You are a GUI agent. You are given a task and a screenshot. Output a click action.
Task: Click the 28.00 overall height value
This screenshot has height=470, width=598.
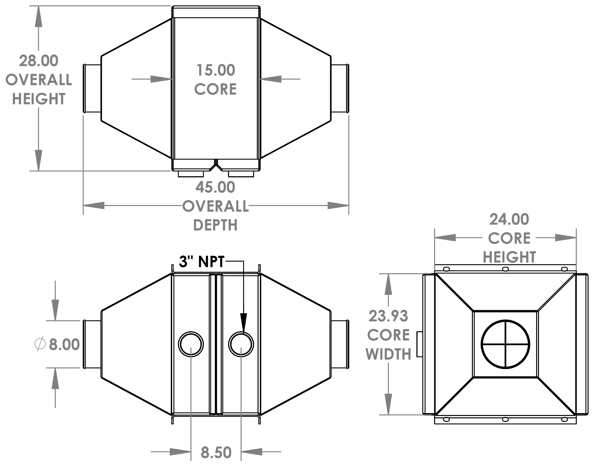coord(38,61)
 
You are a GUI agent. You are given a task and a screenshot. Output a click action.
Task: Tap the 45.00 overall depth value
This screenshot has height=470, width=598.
coord(215,187)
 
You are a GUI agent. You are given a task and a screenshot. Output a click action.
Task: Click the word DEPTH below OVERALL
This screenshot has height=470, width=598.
coord(215,225)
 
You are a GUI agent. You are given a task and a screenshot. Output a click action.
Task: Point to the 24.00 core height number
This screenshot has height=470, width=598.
coord(509,219)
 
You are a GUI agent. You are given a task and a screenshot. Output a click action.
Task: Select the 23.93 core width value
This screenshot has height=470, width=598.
coord(388,316)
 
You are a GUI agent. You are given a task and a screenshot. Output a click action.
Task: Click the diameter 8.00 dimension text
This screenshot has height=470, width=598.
coord(64,344)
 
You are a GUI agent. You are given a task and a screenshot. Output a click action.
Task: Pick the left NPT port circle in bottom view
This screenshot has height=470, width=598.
coord(191,344)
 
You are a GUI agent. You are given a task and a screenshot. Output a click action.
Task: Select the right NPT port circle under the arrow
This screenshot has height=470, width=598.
coord(241,344)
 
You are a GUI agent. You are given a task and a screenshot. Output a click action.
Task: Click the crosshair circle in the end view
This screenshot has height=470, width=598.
coord(505,344)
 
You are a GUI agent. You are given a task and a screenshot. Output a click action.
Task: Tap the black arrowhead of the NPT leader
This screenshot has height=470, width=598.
coord(244,322)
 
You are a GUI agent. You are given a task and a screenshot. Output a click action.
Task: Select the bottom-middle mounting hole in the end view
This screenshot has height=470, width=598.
coord(505,419)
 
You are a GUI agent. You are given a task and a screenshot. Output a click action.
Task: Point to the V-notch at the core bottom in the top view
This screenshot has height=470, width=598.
coord(216,167)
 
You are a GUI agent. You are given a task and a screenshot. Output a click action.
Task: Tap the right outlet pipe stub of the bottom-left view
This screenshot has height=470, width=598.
coord(340,344)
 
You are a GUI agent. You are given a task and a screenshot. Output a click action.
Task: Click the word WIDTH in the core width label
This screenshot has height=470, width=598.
coord(388,354)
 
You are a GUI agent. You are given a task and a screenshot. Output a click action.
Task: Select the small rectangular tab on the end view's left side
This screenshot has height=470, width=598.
coord(420,344)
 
